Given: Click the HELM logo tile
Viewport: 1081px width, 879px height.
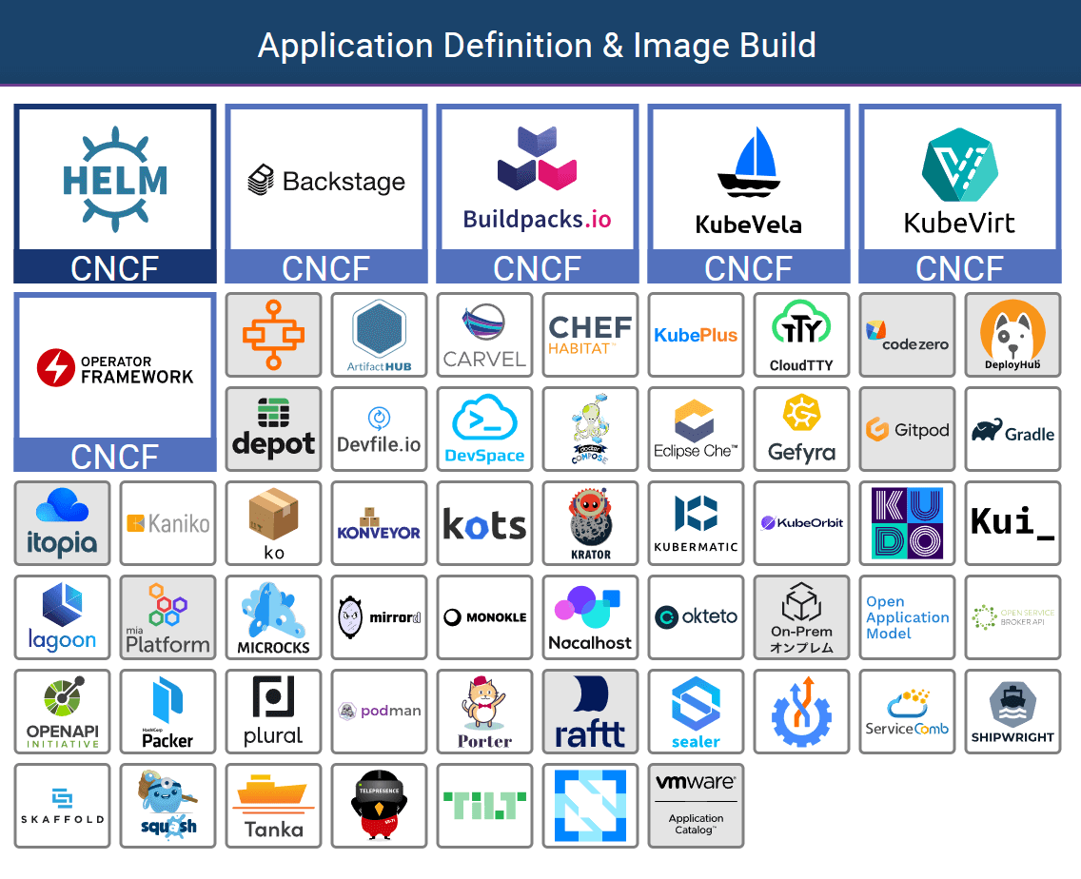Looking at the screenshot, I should click(x=114, y=179).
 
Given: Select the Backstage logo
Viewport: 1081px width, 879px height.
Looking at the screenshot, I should click(x=326, y=180).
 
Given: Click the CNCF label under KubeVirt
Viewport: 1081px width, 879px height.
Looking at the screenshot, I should click(x=959, y=268).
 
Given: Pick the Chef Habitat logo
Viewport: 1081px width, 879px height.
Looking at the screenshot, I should click(x=590, y=335).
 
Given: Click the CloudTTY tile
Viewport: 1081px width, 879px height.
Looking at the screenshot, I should click(x=801, y=335).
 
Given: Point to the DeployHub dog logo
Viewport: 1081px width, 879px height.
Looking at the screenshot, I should click(x=1012, y=335).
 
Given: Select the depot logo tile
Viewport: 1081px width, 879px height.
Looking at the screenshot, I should click(x=273, y=428).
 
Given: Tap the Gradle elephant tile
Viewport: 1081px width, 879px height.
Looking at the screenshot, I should click(x=1012, y=428).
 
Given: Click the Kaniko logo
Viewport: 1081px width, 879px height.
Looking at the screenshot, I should click(x=167, y=522).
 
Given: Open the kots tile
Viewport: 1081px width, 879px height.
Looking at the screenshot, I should click(x=484, y=522).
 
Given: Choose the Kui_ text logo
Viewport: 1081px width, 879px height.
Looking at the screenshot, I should click(x=1012, y=522).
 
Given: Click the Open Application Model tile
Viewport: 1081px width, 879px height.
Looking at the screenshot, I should click(x=907, y=616).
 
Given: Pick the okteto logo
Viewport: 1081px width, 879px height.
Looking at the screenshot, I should click(x=696, y=616).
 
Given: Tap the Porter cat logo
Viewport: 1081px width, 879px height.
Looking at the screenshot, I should click(x=484, y=711).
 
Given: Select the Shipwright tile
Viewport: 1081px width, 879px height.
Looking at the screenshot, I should click(x=1012, y=711).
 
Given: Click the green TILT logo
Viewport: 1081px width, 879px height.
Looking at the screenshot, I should click(x=484, y=805).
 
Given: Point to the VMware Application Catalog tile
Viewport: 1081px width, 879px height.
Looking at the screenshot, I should click(x=696, y=805).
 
